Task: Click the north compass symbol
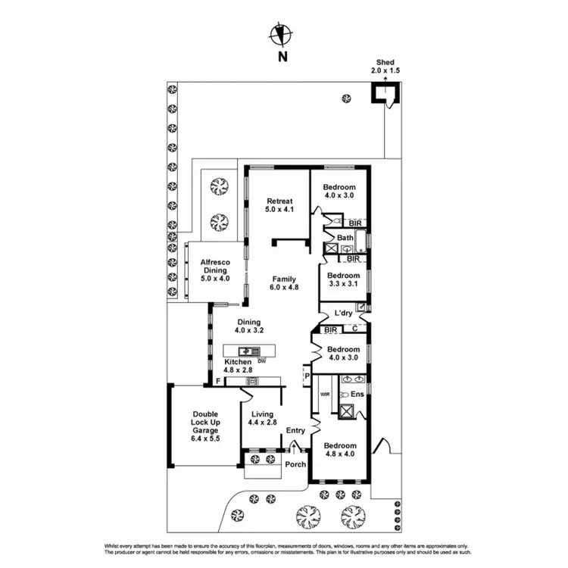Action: pos(282,34)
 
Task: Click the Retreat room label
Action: pos(279,204)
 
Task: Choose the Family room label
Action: pos(284,282)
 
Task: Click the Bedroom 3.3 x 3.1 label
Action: pos(343,280)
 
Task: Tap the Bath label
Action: pos(345,238)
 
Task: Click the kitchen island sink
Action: pos(248,351)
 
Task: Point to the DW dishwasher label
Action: pos(261,361)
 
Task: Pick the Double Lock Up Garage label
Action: pos(204,426)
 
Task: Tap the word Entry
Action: pos(295,431)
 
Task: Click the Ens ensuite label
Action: pos(357,395)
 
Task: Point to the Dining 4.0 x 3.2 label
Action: pos(249,326)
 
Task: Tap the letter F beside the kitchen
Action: pos(218,381)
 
